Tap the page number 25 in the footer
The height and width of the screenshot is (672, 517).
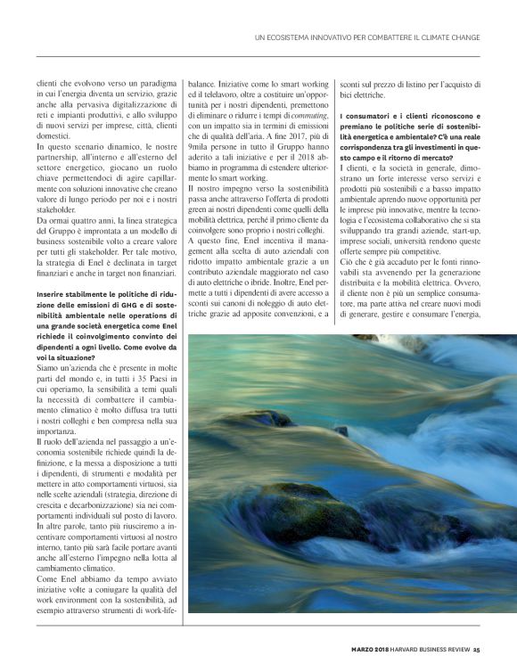(477, 650)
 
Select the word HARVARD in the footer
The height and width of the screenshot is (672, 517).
(392, 650)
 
